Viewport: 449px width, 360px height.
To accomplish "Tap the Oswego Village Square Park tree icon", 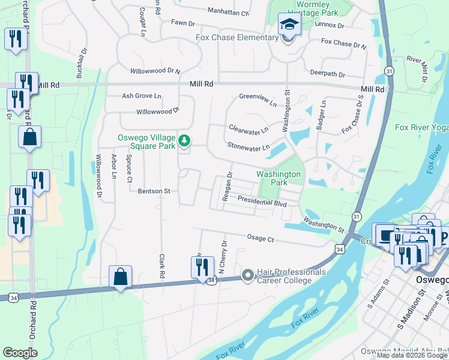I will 185,142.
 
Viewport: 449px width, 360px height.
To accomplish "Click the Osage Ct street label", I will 261,239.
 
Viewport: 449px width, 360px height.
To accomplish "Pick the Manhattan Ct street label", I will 228,11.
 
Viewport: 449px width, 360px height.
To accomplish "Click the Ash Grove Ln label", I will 142,95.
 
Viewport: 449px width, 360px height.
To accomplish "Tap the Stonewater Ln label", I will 248,146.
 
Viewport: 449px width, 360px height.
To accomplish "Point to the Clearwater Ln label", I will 249,128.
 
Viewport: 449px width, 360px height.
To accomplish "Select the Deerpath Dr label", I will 327,75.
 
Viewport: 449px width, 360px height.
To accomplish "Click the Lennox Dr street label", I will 330,25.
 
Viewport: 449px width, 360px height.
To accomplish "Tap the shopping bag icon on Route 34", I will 120,277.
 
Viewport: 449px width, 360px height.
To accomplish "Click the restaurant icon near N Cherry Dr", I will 202,266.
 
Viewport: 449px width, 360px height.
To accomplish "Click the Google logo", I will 20,353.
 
